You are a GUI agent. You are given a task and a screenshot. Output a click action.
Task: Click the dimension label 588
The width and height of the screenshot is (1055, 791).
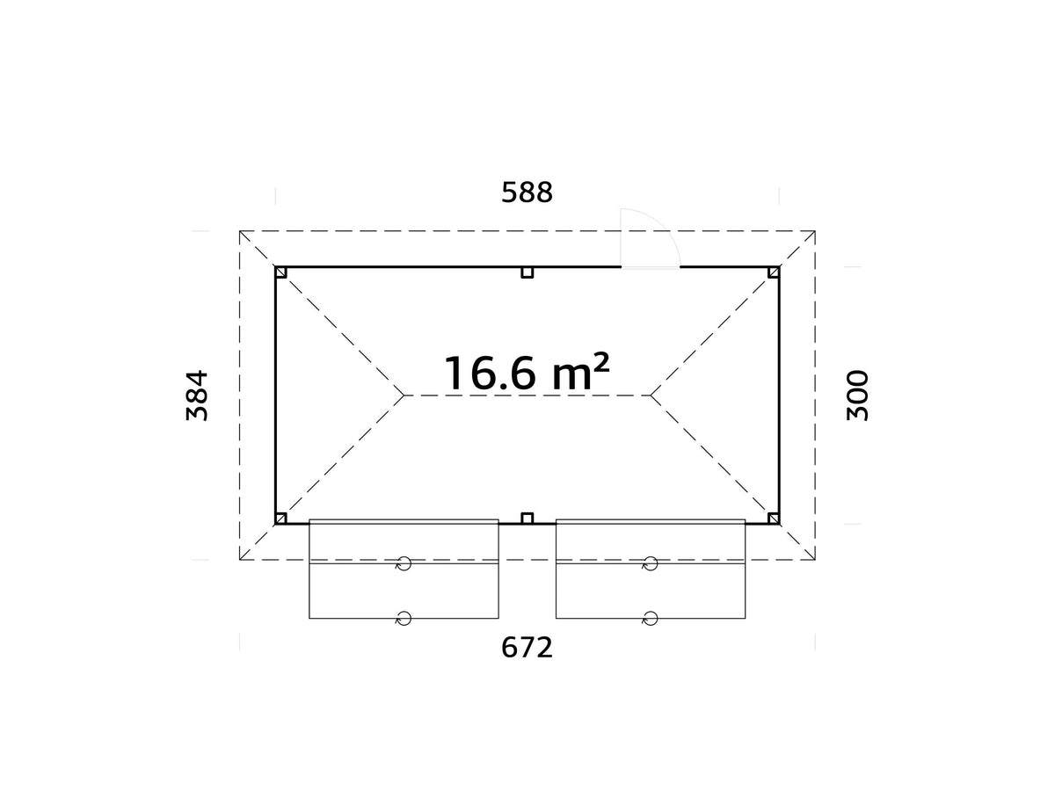[527, 192]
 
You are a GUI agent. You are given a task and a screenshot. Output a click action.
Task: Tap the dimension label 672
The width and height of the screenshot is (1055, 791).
[527, 648]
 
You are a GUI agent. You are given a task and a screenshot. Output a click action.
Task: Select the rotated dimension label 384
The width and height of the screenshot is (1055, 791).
[197, 395]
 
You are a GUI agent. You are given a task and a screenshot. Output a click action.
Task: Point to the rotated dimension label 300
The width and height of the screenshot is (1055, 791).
[857, 395]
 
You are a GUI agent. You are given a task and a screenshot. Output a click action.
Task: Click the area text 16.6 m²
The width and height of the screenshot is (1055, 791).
[527, 372]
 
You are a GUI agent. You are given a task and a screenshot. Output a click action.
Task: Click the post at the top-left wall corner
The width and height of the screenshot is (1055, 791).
[281, 272]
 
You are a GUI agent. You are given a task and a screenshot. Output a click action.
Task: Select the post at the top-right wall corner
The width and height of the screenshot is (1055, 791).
[774, 272]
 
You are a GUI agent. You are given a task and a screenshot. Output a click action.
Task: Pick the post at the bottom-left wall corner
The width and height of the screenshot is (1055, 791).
[281, 519]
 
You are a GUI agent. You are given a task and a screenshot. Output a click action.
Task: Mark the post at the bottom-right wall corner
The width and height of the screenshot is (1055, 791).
[774, 519]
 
